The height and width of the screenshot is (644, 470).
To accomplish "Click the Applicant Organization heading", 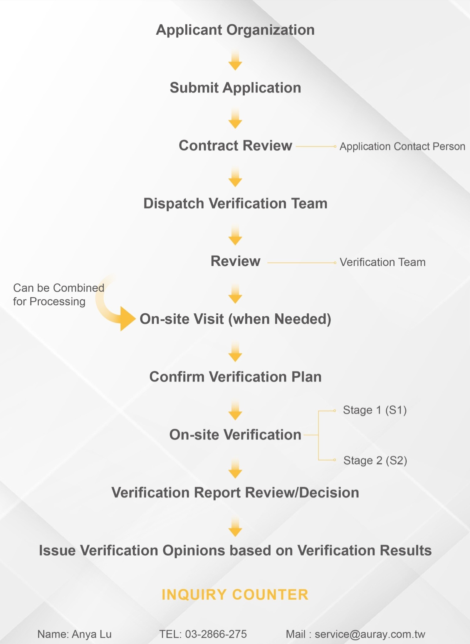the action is (x=235, y=30).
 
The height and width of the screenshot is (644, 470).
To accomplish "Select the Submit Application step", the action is (x=235, y=88).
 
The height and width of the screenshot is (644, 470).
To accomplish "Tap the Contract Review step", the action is (x=235, y=145).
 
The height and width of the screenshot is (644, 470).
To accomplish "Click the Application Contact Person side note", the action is (x=402, y=146).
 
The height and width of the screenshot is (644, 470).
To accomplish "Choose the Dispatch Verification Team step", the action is (x=235, y=203).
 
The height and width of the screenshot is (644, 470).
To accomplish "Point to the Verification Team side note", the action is (x=382, y=262).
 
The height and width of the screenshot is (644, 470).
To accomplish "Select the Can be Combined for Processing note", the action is (x=58, y=295).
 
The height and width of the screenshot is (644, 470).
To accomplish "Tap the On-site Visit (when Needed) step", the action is (x=235, y=319).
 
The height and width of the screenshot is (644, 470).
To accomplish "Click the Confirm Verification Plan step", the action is (x=235, y=377).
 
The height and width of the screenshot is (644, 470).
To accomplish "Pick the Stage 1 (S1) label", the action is (x=375, y=410).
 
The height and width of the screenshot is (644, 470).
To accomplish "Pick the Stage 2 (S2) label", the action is (x=375, y=460).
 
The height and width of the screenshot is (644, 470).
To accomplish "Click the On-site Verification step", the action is (x=235, y=435).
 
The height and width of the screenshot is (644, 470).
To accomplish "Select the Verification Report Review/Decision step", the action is (x=235, y=493).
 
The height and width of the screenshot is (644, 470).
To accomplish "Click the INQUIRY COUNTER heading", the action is (x=235, y=595).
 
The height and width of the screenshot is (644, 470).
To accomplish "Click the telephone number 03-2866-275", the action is (x=216, y=634).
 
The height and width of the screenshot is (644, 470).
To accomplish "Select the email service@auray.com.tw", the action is (x=370, y=634).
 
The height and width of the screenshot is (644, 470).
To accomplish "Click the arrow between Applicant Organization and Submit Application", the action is (x=235, y=60).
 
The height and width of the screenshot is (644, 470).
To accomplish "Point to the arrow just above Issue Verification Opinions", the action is (x=235, y=527).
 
